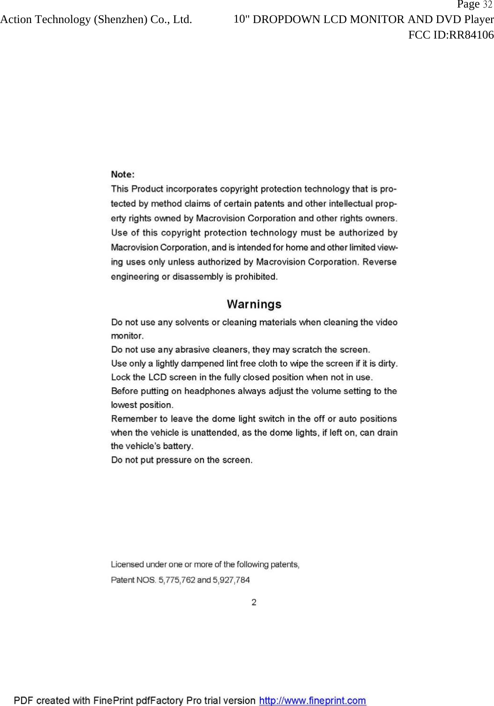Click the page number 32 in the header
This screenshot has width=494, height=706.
pyautogui.click(x=487, y=5)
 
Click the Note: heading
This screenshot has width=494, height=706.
pyautogui.click(x=123, y=174)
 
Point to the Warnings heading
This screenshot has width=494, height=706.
pyautogui.click(x=254, y=304)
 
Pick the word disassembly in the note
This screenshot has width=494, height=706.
pyautogui.click(x=197, y=276)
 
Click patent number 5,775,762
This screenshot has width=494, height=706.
pyautogui.click(x=177, y=580)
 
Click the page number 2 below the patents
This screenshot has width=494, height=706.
pyautogui.click(x=254, y=602)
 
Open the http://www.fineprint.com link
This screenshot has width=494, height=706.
pyautogui.click(x=313, y=701)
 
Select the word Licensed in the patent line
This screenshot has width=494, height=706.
pyautogui.click(x=127, y=565)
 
